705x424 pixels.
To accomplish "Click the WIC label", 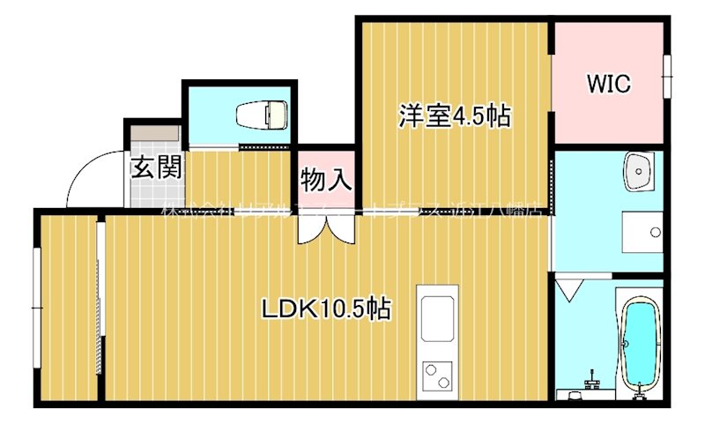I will [609, 84].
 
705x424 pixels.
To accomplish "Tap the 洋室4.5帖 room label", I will [454, 115].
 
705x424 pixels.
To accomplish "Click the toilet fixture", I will [263, 114].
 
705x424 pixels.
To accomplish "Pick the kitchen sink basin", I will [438, 316].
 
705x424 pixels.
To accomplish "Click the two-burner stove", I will [438, 375].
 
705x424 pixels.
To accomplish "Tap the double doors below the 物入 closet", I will [326, 227].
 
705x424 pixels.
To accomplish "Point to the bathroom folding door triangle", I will [568, 288].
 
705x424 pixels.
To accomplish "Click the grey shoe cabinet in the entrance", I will [155, 134].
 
